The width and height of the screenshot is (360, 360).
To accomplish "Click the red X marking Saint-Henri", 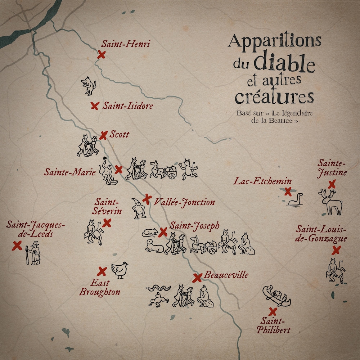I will pyautogui.click(x=101, y=55).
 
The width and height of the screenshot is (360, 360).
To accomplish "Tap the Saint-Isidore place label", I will pyautogui.click(x=128, y=106).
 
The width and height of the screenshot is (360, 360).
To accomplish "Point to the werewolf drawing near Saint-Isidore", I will pyautogui.click(x=89, y=86).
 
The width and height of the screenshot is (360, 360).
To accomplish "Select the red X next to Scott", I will pyautogui.click(x=103, y=135).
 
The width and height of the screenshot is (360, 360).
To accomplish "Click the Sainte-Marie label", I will pyautogui.click(x=70, y=172).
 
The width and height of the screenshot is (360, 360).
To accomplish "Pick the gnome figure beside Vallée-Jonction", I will pyautogui.click(x=138, y=208).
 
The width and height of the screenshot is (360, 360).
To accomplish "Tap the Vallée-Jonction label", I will pyautogui.click(x=184, y=202).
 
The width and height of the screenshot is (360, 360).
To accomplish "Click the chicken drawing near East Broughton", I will pyautogui.click(x=120, y=270).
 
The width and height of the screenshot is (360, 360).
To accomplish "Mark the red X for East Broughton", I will pyautogui.click(x=102, y=271).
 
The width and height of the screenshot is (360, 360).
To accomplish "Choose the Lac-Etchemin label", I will pyautogui.click(x=262, y=181).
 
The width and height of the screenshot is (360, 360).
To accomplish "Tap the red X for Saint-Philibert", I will pyautogui.click(x=273, y=311).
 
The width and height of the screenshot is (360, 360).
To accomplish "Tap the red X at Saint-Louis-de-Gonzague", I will pyautogui.click(x=336, y=250).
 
